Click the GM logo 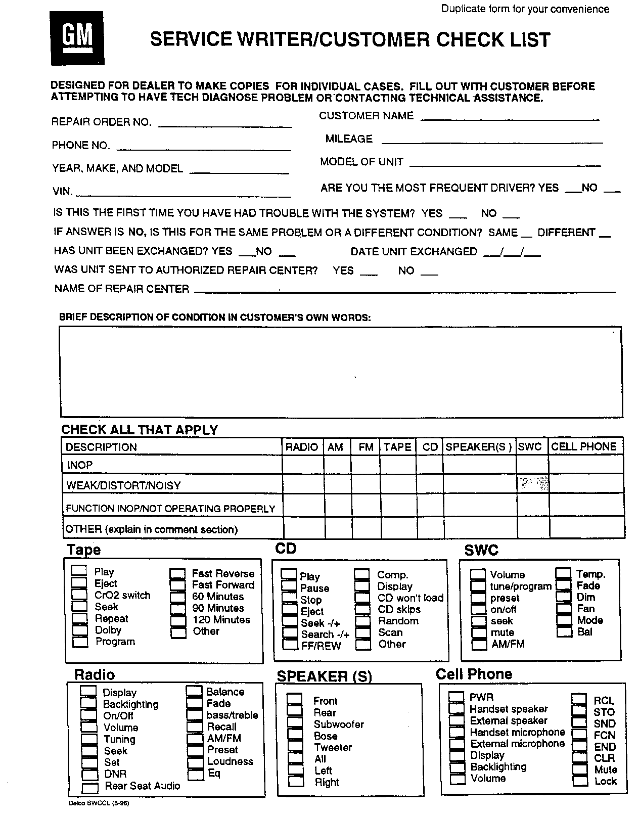click(x=78, y=38)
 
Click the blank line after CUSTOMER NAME click(x=509, y=119)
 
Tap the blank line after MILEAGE click(x=492, y=143)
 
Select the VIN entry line click(x=183, y=195)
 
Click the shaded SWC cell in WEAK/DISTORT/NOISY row click(x=532, y=484)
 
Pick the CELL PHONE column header click(x=584, y=447)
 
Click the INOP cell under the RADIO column click(x=302, y=465)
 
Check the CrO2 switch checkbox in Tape click(x=79, y=595)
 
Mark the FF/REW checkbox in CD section click(x=290, y=645)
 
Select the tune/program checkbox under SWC click(x=478, y=586)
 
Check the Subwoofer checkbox click(x=295, y=723)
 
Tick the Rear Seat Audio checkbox click(x=90, y=787)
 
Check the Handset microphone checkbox click(x=457, y=732)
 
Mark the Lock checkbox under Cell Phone click(x=580, y=781)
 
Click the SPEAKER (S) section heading click(x=324, y=676)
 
